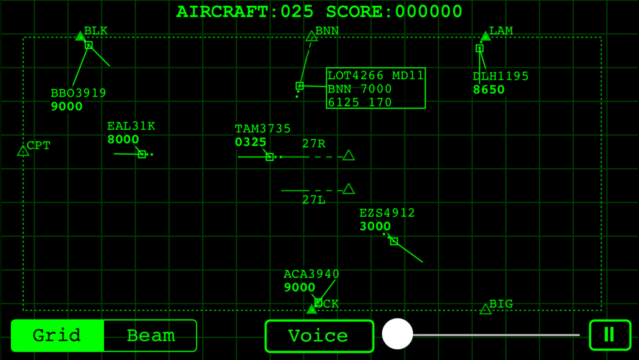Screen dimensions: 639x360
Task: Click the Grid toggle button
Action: (58, 336)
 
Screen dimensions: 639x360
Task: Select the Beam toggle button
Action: (150, 336)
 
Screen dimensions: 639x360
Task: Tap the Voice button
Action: (319, 336)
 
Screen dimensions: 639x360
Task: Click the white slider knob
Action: (397, 334)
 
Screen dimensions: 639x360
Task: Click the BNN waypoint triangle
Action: (312, 36)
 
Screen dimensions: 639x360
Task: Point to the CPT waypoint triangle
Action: (23, 151)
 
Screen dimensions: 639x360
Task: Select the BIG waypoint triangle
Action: (486, 309)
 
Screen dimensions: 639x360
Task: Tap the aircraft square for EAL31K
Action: (142, 154)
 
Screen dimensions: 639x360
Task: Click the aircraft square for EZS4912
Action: (394, 241)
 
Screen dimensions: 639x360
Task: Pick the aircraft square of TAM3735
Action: (270, 157)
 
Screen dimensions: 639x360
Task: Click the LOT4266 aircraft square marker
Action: (300, 86)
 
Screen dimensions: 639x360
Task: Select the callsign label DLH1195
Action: (500, 76)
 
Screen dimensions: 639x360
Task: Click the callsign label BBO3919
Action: (78, 93)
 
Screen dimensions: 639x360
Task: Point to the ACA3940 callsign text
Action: (311, 274)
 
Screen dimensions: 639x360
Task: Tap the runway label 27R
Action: (314, 143)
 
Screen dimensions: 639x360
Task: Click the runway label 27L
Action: (314, 200)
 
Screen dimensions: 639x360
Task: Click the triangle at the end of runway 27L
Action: (348, 189)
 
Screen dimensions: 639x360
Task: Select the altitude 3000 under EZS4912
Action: (375, 226)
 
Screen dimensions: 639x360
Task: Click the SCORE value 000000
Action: (429, 12)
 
